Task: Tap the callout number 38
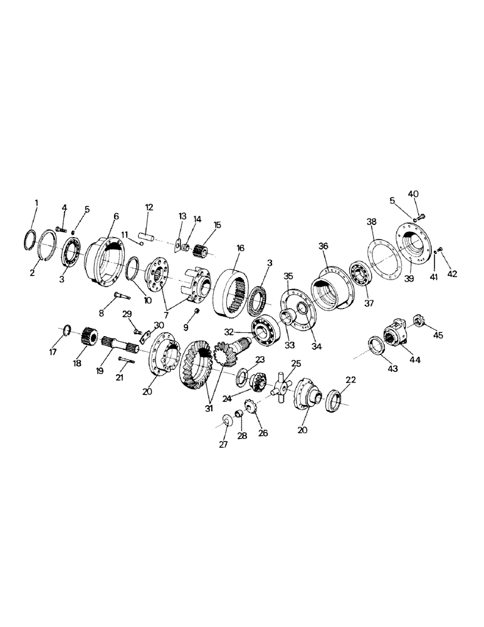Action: point(371,222)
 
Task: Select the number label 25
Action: point(296,363)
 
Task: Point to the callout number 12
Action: point(149,207)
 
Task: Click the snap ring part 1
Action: point(29,241)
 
